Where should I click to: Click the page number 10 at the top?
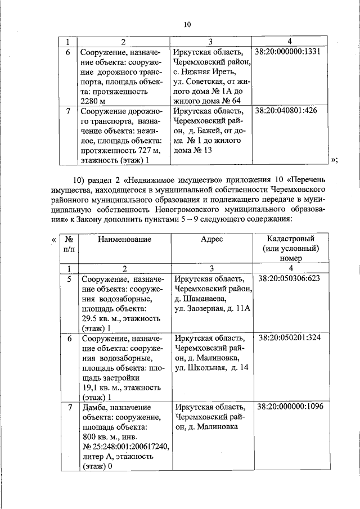tap(188, 24)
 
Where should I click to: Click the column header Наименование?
tap(124, 239)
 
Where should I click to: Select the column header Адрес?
tap(211, 239)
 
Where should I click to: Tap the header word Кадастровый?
tap(290, 239)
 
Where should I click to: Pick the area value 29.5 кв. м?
tap(102, 318)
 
